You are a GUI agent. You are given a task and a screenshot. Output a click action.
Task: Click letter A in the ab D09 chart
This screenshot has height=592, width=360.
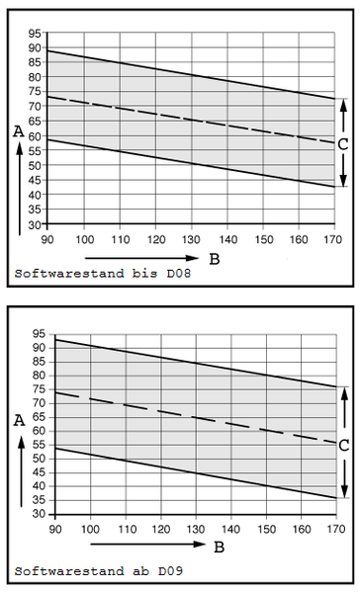[x=19, y=419]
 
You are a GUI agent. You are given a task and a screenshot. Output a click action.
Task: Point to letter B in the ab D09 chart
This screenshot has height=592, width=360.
[x=219, y=546]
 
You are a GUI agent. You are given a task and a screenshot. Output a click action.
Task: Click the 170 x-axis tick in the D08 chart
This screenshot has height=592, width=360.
[x=333, y=240]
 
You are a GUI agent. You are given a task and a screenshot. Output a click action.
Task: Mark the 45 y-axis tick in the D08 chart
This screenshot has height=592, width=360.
[x=34, y=180]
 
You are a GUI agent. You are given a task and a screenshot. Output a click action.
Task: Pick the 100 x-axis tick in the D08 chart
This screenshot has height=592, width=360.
[x=85, y=240]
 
